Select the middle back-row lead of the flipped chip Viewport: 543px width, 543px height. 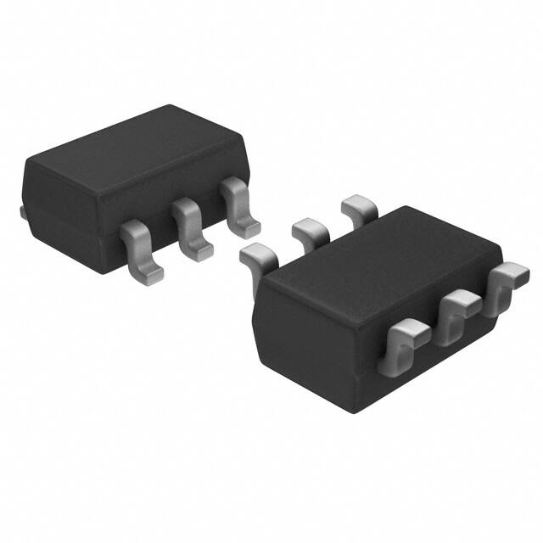(309, 229)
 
